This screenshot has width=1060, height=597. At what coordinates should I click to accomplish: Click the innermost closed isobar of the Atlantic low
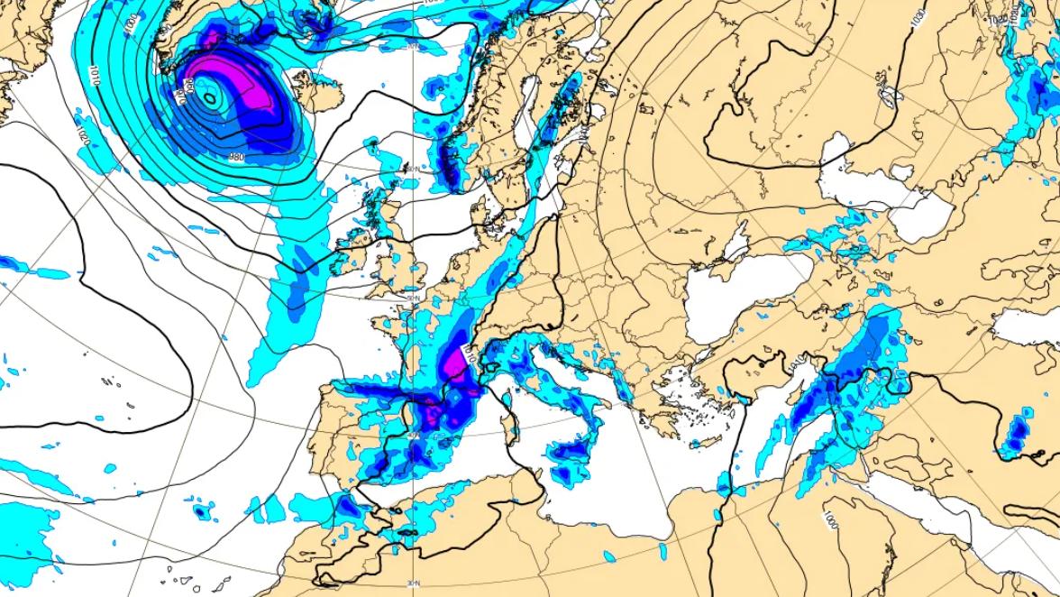pos(208,98)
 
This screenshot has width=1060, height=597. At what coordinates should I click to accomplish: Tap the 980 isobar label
pos(237,157)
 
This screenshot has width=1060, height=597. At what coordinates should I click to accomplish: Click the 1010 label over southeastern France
pos(467,346)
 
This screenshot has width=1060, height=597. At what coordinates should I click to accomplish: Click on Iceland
pos(310,89)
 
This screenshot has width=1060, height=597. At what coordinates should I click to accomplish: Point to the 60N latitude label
pos(413,169)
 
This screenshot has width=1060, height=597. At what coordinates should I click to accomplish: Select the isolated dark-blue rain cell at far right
pos(1018,431)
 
